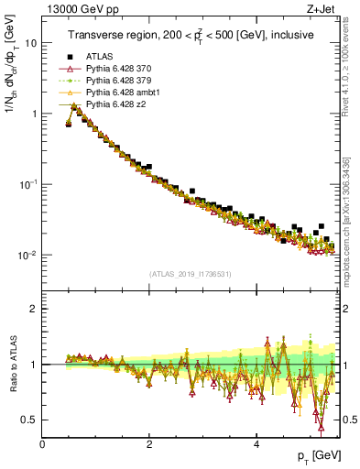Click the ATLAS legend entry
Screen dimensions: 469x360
coord(98,57)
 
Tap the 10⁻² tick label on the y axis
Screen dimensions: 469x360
coord(28,255)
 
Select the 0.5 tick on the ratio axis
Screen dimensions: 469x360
coord(30,420)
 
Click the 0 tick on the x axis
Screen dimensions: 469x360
coord(42,443)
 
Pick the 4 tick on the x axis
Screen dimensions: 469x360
coord(256,443)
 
